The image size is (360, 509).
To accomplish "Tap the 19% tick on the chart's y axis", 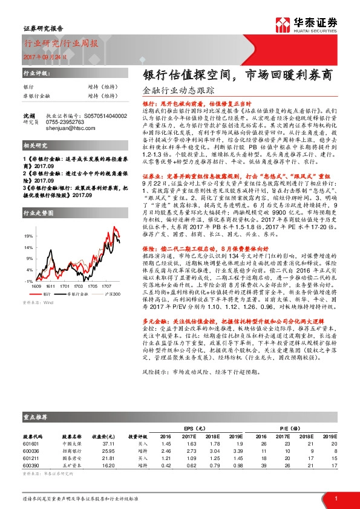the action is (28, 235).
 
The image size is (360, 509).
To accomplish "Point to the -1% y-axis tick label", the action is (28, 281).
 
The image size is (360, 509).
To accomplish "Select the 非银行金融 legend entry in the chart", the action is (76, 292).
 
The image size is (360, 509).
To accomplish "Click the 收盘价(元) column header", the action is (99, 436).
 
